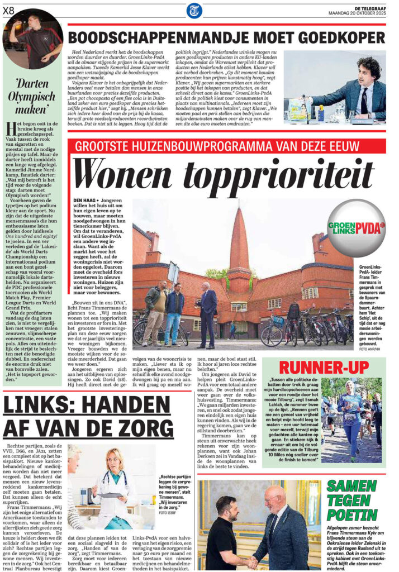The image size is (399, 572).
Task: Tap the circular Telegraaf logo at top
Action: [194, 10]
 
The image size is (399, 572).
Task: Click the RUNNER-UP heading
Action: [324, 368]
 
